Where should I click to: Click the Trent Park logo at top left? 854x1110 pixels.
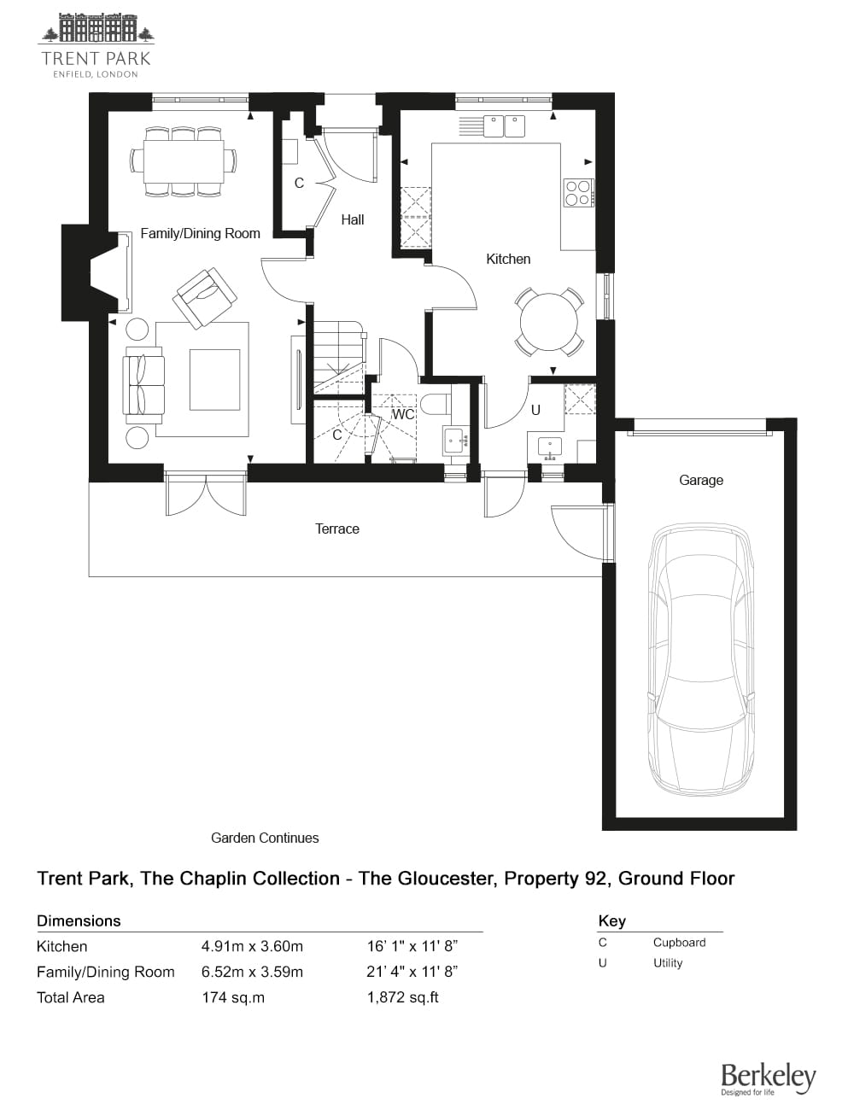click(96, 45)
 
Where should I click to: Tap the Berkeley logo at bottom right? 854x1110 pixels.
click(768, 1078)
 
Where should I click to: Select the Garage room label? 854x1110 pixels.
click(700, 480)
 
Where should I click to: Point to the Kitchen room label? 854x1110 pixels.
click(508, 259)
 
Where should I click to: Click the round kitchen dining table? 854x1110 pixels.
click(548, 322)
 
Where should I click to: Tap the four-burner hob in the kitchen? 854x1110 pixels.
click(578, 193)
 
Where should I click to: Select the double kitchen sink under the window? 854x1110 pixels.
click(504, 126)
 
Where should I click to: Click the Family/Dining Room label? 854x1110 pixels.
click(200, 233)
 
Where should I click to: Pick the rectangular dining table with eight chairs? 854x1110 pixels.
click(184, 161)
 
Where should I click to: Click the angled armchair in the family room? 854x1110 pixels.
click(205, 296)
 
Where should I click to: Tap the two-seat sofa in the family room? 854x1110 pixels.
click(144, 382)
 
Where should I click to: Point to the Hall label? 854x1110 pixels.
click(352, 219)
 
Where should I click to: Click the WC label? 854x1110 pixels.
click(402, 414)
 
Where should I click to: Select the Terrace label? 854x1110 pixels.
click(336, 529)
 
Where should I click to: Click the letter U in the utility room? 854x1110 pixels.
click(535, 410)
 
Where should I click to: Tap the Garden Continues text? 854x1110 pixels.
click(265, 838)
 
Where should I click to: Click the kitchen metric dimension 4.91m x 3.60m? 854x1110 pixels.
click(252, 946)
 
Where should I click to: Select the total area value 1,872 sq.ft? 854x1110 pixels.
click(402, 996)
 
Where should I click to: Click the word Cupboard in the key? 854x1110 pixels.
click(679, 943)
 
